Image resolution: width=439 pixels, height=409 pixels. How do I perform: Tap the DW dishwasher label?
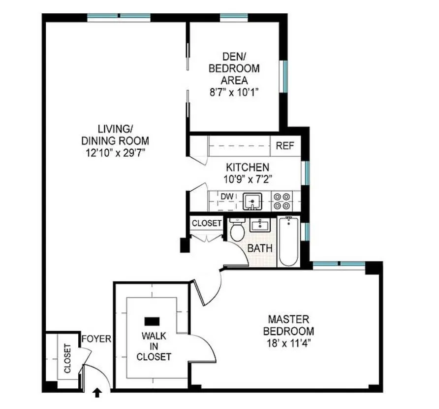227,197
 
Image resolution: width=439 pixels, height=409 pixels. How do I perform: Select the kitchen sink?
252,201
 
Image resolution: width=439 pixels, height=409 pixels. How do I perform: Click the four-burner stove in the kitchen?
282,201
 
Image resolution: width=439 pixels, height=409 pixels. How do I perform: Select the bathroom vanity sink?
259,226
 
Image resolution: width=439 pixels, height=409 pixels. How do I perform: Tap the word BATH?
259,248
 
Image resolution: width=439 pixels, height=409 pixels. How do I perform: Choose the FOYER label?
96,339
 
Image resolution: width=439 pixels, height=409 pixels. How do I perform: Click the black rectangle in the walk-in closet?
152,321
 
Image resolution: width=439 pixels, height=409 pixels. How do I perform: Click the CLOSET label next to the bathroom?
207,223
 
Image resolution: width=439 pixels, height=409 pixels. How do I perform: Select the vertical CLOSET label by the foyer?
67,358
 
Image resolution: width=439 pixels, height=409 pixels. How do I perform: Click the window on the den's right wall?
283,76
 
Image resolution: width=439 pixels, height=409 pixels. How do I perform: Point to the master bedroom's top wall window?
339,265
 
